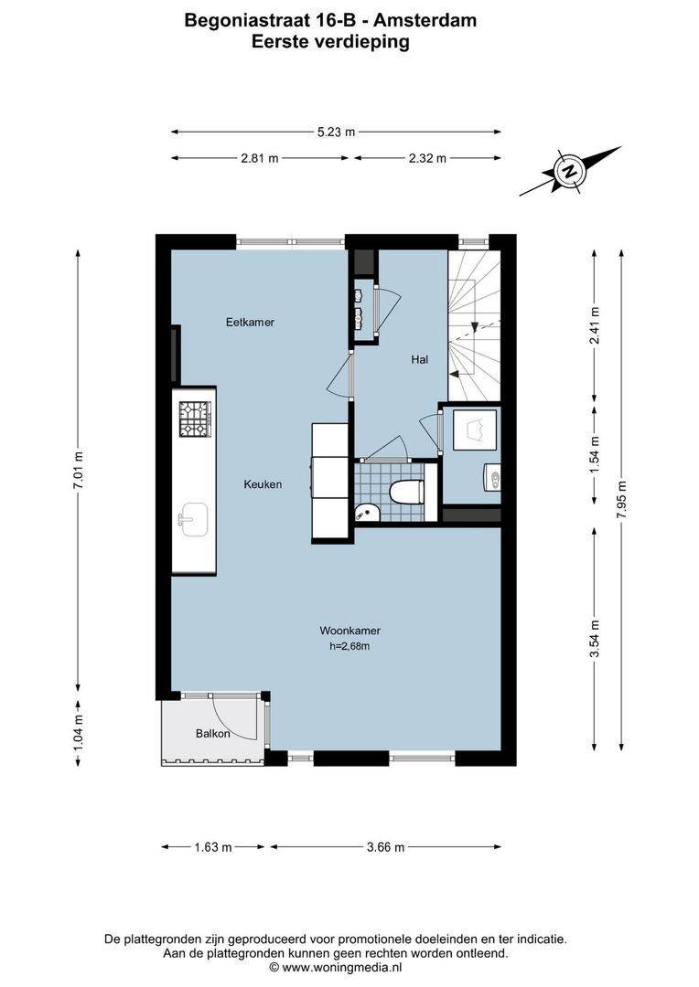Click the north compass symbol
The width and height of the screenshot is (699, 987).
570,171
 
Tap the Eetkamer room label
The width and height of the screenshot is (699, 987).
251,323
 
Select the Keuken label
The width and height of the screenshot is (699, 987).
263,484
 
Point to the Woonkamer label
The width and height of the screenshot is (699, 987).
349,631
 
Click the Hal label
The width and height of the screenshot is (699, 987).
420,360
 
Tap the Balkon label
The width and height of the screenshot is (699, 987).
212,734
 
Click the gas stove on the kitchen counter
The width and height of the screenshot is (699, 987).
195,419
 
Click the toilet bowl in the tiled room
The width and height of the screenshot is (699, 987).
406,492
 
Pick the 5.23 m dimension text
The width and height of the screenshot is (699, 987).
336,132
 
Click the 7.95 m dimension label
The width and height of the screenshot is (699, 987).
622,500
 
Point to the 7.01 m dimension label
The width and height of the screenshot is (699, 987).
79,472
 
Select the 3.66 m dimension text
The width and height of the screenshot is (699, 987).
385,847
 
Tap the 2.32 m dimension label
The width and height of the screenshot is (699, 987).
427,158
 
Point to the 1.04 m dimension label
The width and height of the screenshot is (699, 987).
79,731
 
